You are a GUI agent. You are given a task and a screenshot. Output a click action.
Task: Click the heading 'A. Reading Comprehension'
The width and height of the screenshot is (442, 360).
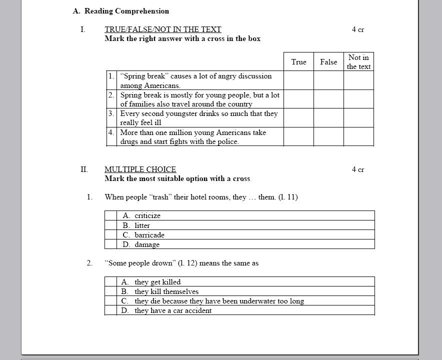pyautogui.click(x=120, y=11)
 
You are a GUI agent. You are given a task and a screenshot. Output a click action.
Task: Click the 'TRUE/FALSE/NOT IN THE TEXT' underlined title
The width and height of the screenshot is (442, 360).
pyautogui.click(x=162, y=29)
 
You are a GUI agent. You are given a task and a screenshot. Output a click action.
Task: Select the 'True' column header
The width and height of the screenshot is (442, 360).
pyautogui.click(x=298, y=62)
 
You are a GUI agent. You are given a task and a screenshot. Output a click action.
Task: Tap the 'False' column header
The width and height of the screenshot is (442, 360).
pyautogui.click(x=328, y=62)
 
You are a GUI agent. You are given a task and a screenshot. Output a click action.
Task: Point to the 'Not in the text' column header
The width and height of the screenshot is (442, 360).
pyautogui.click(x=358, y=62)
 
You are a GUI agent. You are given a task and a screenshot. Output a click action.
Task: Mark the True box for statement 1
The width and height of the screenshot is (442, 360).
pyautogui.click(x=298, y=80)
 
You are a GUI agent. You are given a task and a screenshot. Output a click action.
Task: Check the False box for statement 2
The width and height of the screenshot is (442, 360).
pyautogui.click(x=328, y=99)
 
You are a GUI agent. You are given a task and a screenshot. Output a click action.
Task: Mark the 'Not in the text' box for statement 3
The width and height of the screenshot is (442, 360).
pyautogui.click(x=358, y=118)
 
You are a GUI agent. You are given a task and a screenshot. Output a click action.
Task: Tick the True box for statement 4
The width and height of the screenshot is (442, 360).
pyautogui.click(x=298, y=136)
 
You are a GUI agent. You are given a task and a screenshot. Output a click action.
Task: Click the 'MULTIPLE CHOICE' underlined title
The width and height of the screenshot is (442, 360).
pyautogui.click(x=140, y=169)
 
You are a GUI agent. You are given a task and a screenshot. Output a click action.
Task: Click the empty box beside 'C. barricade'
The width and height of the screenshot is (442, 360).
pyautogui.click(x=110, y=235)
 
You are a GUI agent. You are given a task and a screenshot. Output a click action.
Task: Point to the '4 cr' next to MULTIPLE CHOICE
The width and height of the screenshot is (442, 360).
pyautogui.click(x=358, y=169)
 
